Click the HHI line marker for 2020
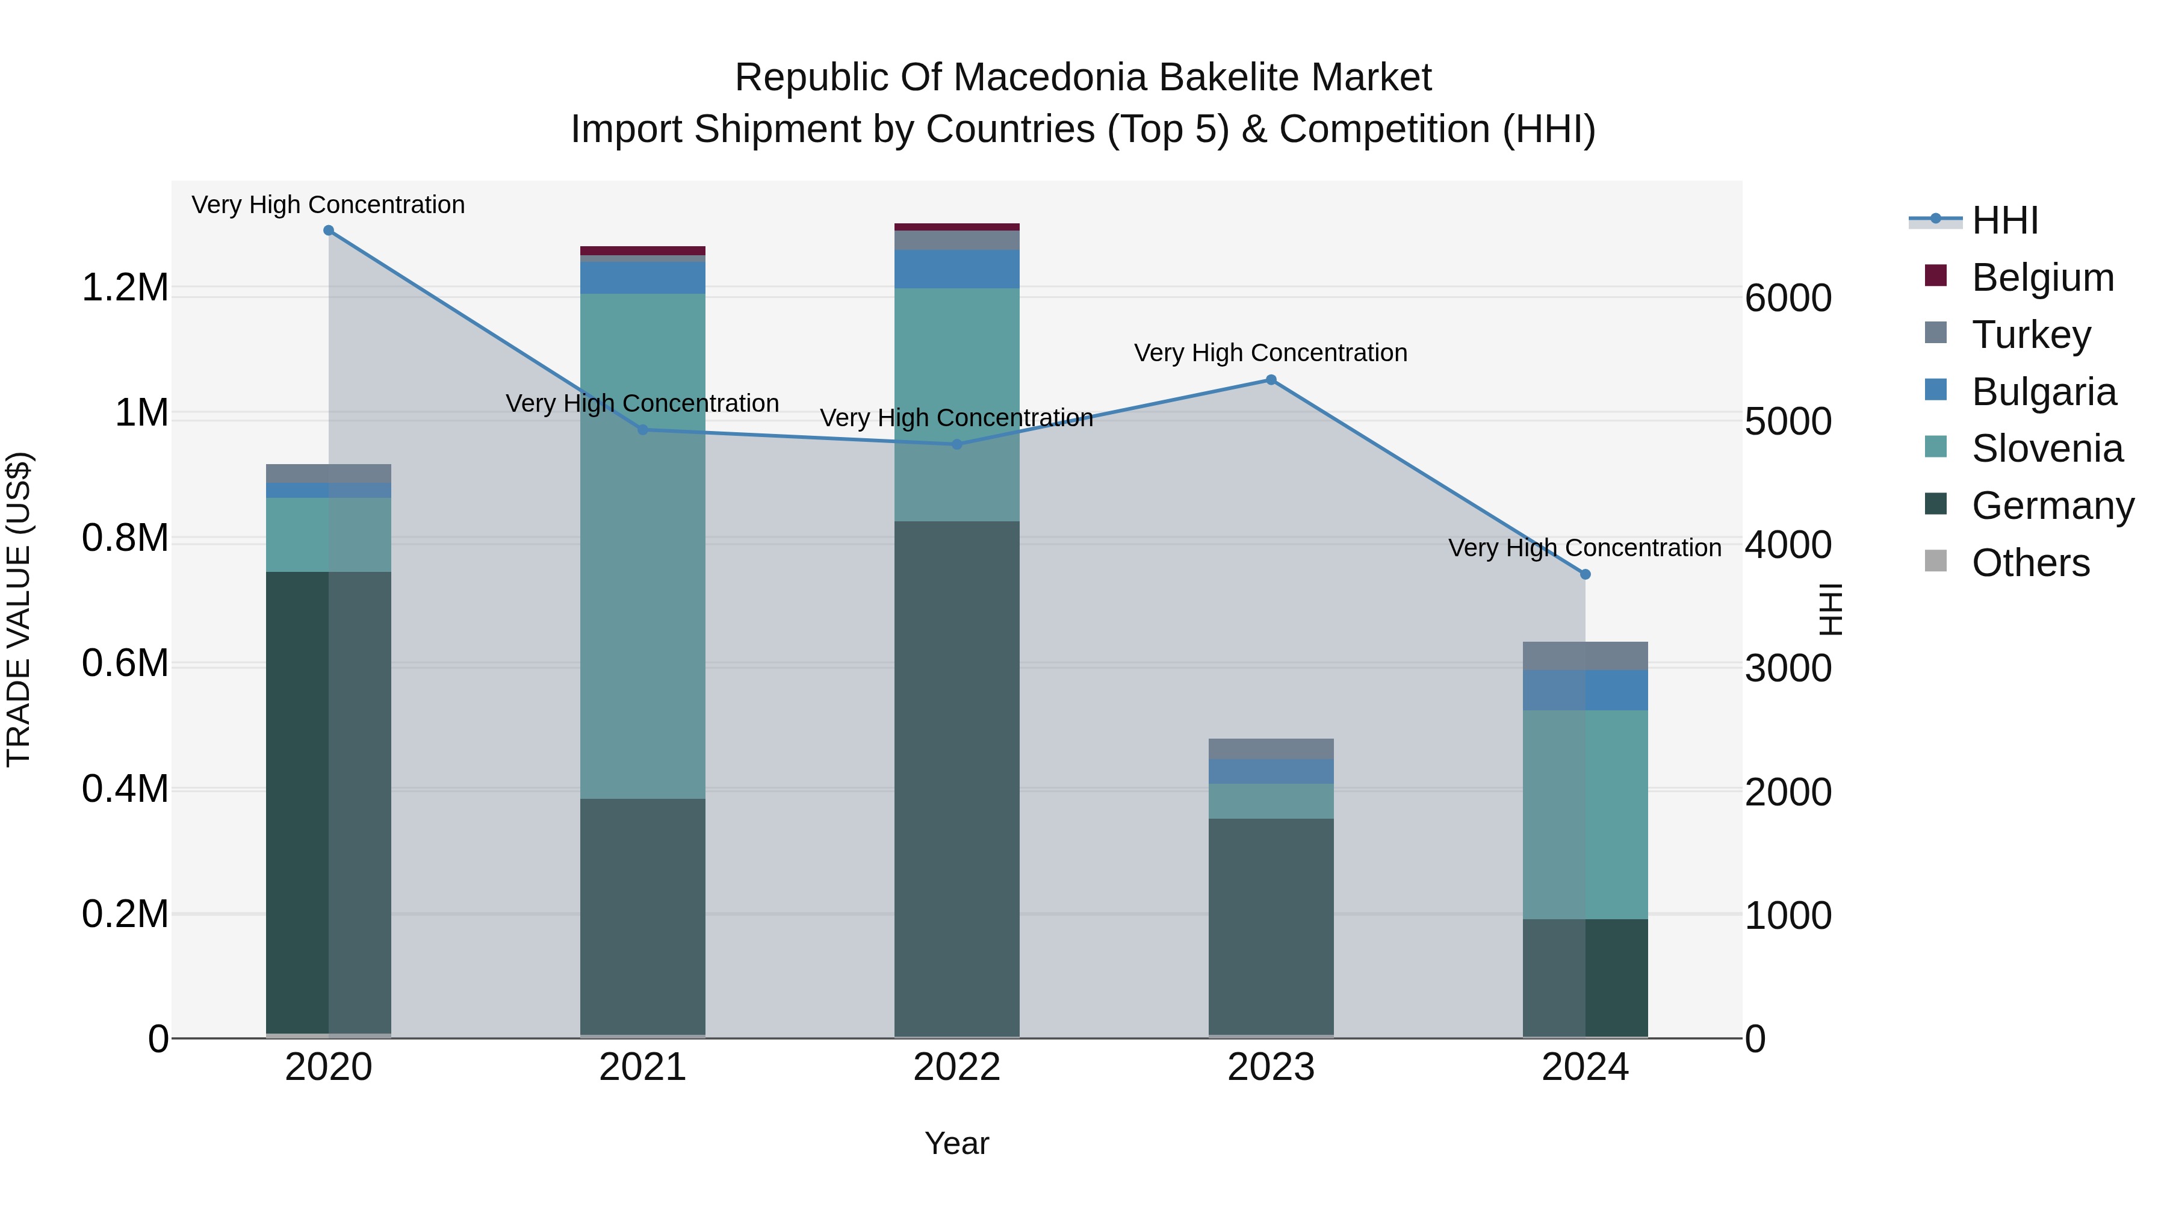click(x=329, y=231)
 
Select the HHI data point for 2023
click(x=1271, y=380)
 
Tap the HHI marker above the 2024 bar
click(x=1585, y=575)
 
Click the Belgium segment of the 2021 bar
click(x=643, y=250)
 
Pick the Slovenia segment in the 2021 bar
click(x=643, y=547)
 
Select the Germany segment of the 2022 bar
click(x=956, y=778)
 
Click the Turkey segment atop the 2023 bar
click(x=1271, y=749)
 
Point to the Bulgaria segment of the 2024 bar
click(x=1585, y=690)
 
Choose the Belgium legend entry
click(x=2042, y=278)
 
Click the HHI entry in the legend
click(x=2004, y=220)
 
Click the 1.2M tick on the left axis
click(x=125, y=288)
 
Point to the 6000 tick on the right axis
click(x=1788, y=298)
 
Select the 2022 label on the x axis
click(x=956, y=1067)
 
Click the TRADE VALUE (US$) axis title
click(x=19, y=609)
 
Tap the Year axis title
click(x=956, y=1143)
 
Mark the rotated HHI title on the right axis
click(x=1831, y=609)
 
